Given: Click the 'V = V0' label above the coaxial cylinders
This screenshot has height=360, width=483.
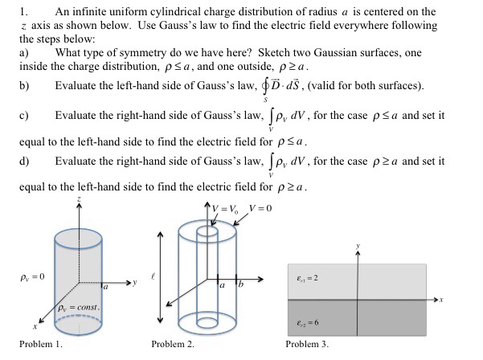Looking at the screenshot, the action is (x=227, y=208).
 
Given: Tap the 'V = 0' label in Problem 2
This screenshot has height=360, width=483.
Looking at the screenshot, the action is (x=261, y=208).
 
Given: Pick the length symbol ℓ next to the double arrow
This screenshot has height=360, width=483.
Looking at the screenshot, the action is (x=146, y=275).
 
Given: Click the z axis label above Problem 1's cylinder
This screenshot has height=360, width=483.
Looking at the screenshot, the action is (x=78, y=198).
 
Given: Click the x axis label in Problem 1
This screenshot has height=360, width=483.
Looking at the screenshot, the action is (x=35, y=328).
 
